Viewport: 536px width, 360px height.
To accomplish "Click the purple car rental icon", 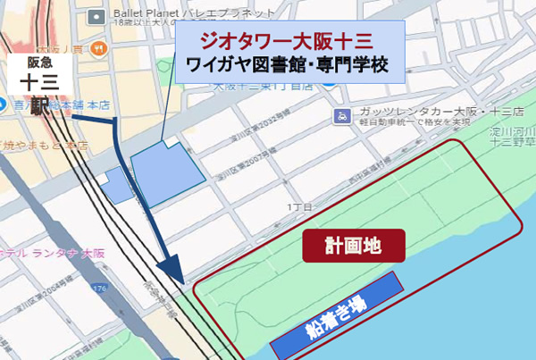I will [x=341, y=115].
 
